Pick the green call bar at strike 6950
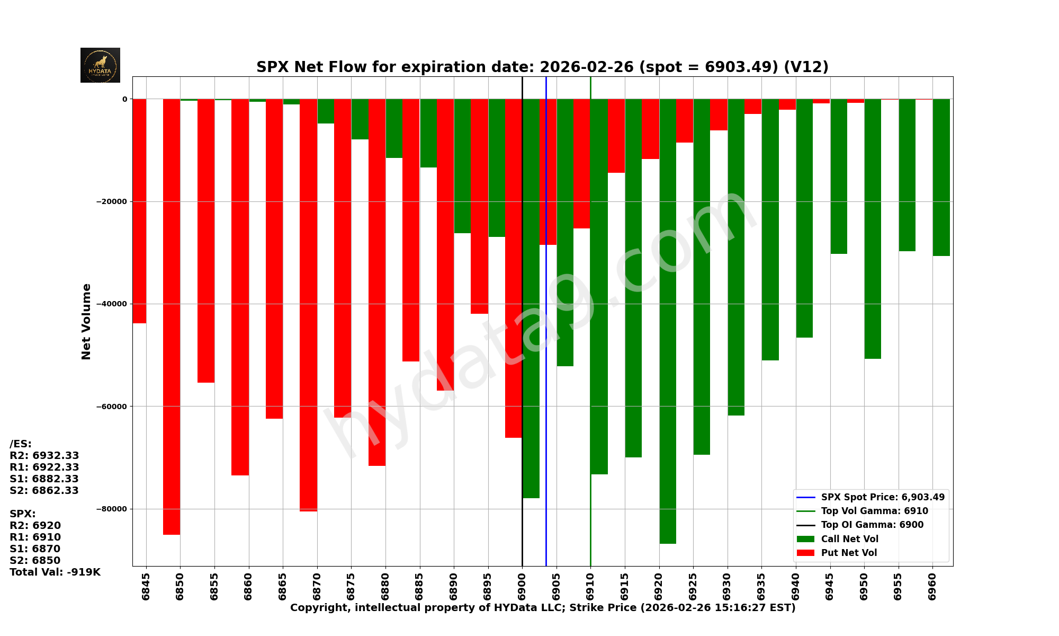click(x=873, y=228)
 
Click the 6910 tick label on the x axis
click(x=590, y=586)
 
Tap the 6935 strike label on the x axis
click(x=761, y=586)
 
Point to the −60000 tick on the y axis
click(x=111, y=407)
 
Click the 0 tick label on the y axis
click(x=124, y=99)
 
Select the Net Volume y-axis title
click(x=86, y=321)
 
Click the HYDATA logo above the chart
click(x=100, y=65)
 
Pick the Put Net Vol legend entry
click(x=848, y=553)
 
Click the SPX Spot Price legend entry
click(x=882, y=497)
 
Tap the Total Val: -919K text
click(x=55, y=572)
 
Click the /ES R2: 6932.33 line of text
click(x=44, y=456)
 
